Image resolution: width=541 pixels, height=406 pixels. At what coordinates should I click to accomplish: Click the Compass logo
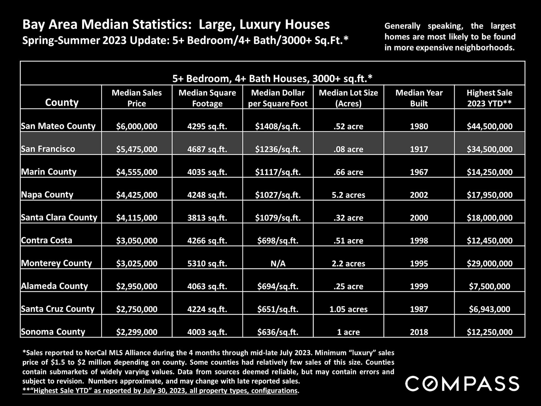pos(462,383)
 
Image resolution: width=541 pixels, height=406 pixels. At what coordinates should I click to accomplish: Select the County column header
pos(62,102)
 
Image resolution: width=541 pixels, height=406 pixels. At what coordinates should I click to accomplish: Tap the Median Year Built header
pos(419,98)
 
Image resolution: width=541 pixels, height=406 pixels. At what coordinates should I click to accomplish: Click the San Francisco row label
pos(48,149)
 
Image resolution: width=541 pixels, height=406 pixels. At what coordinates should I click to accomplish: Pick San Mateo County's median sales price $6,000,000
pos(137,126)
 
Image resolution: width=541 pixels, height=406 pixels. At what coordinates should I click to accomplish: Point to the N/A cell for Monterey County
pos(278,263)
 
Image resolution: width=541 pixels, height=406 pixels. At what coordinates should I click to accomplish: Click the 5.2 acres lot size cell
pos(348,195)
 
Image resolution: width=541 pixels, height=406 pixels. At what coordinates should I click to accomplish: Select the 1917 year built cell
pos(419,149)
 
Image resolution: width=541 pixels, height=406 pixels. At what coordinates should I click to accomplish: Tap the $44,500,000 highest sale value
pos(489,126)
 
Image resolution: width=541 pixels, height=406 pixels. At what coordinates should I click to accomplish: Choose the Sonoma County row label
pos(53,332)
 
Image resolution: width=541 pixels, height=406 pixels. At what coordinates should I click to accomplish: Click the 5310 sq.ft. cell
pos(207,263)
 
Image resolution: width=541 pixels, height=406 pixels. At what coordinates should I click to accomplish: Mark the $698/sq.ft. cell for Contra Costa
pos(278,240)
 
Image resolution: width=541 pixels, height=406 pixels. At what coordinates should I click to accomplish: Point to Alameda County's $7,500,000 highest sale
pos(489,286)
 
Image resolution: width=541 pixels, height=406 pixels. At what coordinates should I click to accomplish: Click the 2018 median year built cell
pos(419,332)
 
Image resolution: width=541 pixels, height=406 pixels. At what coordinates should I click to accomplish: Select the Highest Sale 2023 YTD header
pos(489,98)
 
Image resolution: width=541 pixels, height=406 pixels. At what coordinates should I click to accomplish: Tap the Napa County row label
pos(47,195)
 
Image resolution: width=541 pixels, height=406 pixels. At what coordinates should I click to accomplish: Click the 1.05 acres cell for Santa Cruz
pos(348,309)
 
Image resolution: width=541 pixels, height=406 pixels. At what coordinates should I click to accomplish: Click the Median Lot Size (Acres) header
pos(348,98)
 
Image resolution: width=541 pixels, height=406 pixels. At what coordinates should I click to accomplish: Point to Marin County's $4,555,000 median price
pos(137,172)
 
